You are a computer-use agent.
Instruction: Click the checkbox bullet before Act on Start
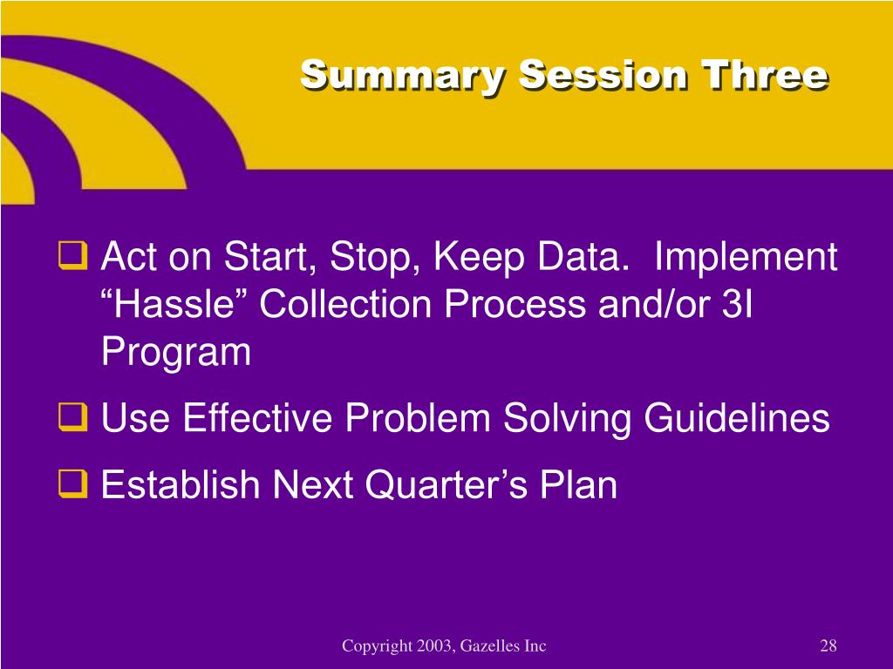coord(73,255)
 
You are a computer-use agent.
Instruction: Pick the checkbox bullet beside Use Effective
coord(73,417)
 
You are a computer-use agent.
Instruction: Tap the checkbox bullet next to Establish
coord(73,484)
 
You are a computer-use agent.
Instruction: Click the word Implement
coord(746,258)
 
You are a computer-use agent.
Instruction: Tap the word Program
coord(176,353)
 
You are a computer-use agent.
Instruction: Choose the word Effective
coord(257,417)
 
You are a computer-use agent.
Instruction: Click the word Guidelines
coord(737,417)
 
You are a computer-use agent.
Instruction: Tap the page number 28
coord(828,645)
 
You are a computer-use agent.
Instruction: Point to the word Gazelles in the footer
coord(489,645)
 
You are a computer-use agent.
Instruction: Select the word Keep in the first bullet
coord(479,258)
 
